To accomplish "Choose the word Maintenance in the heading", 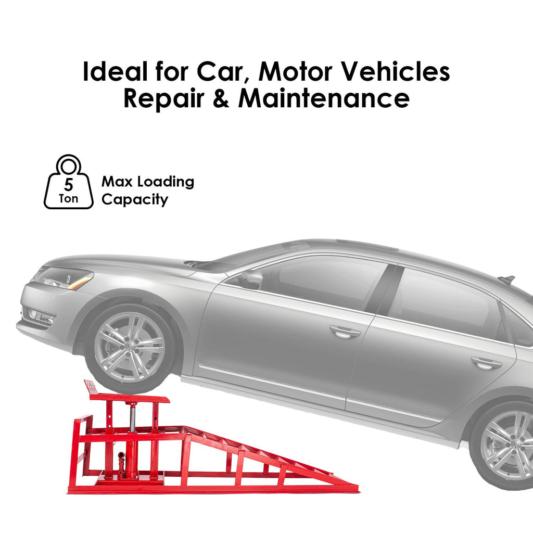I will click(x=324, y=99).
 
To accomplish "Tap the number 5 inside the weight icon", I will click(x=68, y=184).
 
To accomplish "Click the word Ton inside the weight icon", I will click(x=68, y=198).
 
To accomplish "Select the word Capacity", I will click(x=134, y=199).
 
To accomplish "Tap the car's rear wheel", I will click(x=502, y=445).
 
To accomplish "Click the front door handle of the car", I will click(x=345, y=332).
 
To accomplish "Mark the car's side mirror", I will click(x=251, y=279).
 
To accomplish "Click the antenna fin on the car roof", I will click(x=506, y=280).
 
